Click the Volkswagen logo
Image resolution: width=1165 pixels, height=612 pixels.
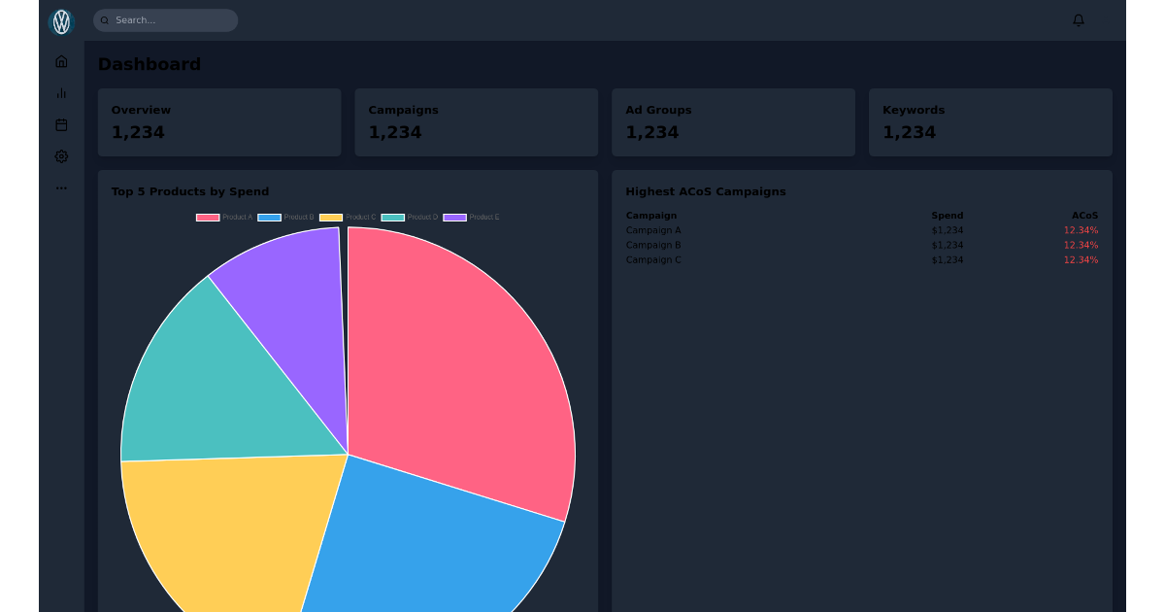[x=61, y=21]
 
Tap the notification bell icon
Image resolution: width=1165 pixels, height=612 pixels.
[x=1078, y=20]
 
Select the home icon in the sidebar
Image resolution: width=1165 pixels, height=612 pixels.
[x=61, y=61]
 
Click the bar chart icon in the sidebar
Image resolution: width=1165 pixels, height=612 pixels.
[x=61, y=93]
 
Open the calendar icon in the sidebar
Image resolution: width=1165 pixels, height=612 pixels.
[x=61, y=124]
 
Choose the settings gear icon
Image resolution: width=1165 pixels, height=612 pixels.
[x=61, y=156]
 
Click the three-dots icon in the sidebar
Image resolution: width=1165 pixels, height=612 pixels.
[x=61, y=188]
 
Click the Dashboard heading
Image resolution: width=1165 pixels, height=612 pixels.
[x=149, y=64]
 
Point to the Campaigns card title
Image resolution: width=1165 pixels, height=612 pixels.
[x=403, y=110]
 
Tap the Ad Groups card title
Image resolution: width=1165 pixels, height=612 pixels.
[x=658, y=110]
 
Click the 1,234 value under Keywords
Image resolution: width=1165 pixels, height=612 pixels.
[x=909, y=132]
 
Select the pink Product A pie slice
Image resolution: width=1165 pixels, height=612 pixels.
[x=456, y=369]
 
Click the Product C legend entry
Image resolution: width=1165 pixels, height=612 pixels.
[x=348, y=218]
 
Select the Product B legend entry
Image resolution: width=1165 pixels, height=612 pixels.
[x=286, y=218]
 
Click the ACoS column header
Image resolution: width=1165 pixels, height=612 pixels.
[x=1084, y=216]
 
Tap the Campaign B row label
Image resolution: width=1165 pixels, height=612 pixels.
[x=653, y=245]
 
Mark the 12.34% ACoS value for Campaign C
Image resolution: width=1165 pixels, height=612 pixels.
[x=1081, y=260]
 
